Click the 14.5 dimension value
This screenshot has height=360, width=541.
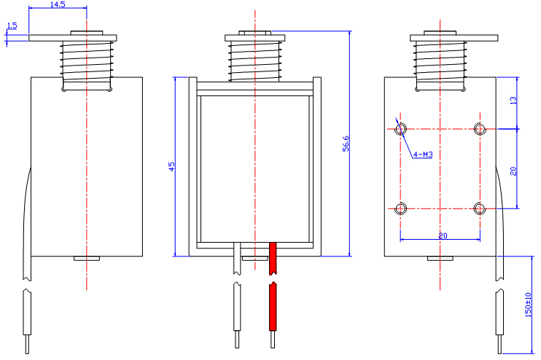tap(58, 5)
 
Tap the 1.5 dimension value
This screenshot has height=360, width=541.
tap(12, 27)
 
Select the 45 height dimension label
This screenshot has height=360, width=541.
tap(171, 166)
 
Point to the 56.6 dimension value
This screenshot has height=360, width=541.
tap(346, 144)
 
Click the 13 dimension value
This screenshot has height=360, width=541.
tap(513, 101)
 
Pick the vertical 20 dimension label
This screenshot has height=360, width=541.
tap(513, 171)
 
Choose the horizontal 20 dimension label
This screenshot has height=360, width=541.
tap(442, 235)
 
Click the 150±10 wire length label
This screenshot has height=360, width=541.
tap(529, 305)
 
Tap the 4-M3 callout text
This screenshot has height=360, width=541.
tap(423, 154)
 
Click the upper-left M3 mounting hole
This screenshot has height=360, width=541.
tap(401, 130)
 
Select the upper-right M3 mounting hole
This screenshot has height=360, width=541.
tap(479, 130)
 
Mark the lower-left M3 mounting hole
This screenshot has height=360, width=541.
tap(401, 208)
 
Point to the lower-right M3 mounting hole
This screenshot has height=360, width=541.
tap(479, 208)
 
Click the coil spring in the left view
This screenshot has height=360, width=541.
tap(86, 59)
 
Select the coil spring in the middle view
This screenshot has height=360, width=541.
tap(255, 59)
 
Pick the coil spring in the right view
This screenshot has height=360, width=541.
tap(440, 59)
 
